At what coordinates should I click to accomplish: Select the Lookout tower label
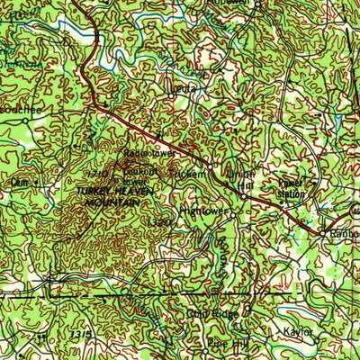[141, 174]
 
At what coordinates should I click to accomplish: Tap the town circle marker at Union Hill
[243, 195]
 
